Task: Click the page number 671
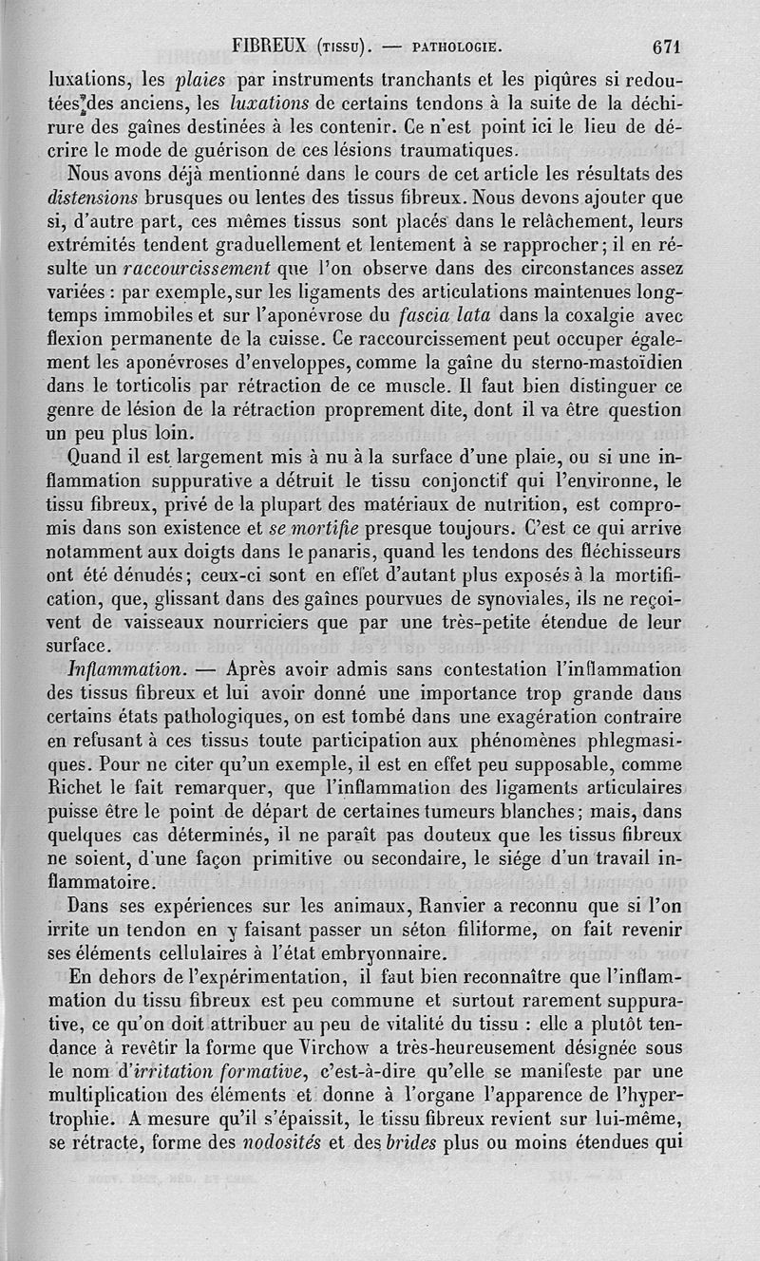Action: (669, 45)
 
